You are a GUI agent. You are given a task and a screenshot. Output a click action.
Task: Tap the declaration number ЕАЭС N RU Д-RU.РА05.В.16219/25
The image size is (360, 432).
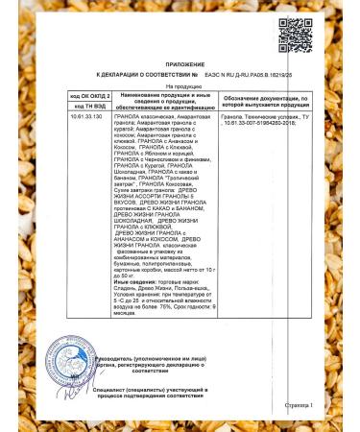249,73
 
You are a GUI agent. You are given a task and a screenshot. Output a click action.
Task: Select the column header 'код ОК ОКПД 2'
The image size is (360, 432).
89,98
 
